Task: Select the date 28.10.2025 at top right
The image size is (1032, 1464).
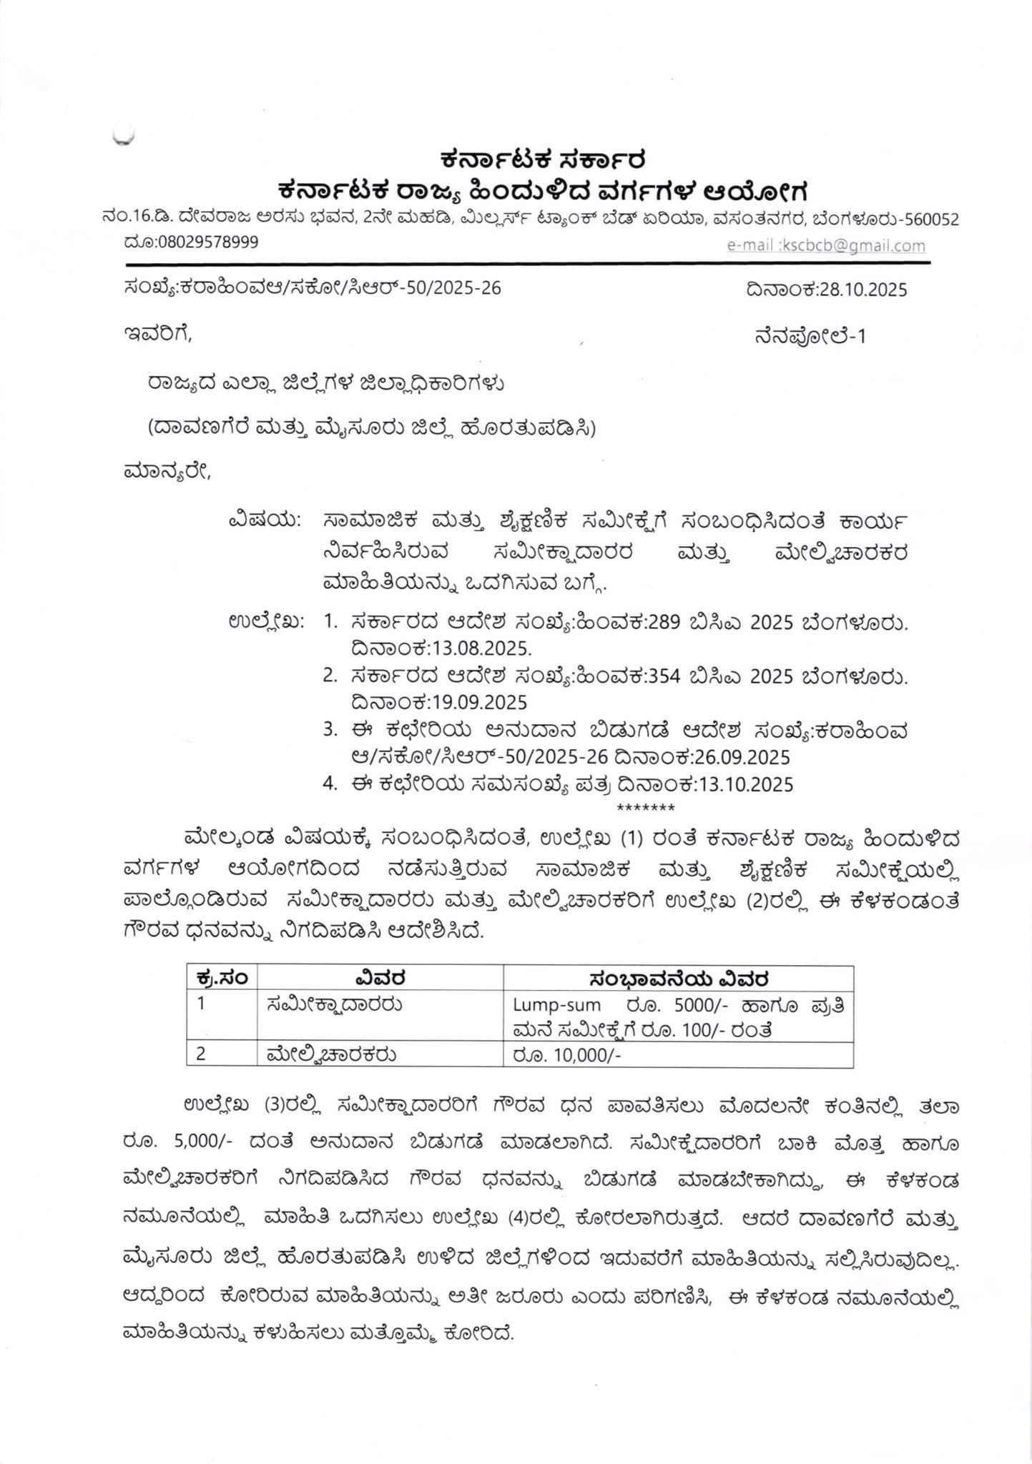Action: [x=864, y=290]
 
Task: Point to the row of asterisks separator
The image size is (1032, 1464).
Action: [x=645, y=808]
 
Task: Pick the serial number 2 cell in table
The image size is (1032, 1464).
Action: [x=202, y=1054]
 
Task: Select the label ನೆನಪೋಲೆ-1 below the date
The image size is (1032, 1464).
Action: [x=809, y=336]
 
